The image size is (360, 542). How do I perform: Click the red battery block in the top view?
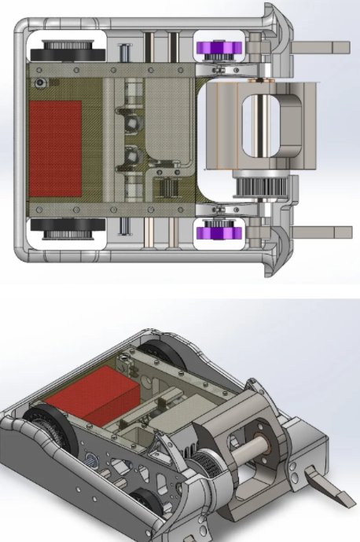(x=55, y=148)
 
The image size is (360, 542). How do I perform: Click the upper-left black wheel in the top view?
(x=66, y=50)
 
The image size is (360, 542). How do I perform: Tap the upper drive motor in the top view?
(x=129, y=122)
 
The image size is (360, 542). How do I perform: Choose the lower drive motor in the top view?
(x=129, y=157)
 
